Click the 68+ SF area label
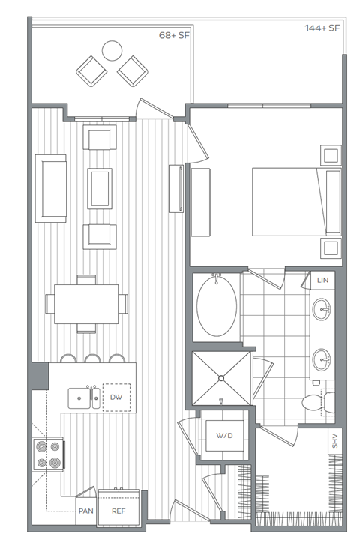point(173,35)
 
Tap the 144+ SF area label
point(322,28)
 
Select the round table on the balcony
point(112,50)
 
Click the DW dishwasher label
point(116,397)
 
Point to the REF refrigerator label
point(118,511)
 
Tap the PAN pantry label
point(85,511)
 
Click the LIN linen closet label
point(323,280)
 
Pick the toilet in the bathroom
point(314,403)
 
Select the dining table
point(85,303)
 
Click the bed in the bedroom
point(292,202)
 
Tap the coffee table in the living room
point(100,188)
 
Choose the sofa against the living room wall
point(51,187)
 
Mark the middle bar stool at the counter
point(94,358)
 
